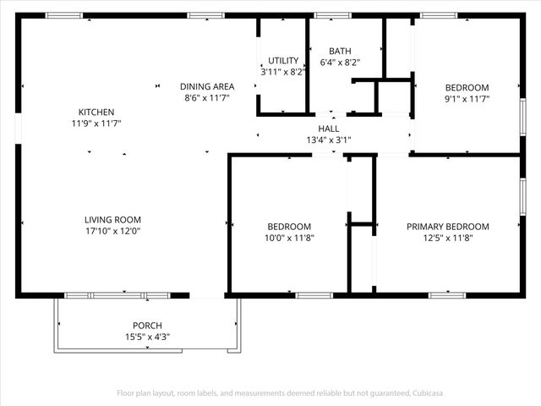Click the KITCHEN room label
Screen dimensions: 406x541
(96, 112)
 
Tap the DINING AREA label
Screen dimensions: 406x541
(206, 86)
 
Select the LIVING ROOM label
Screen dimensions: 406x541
(112, 220)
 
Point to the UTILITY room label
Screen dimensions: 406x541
(283, 61)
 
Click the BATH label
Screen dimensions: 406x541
(340, 51)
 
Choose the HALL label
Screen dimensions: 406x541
(329, 129)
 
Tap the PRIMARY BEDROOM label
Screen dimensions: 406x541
(447, 227)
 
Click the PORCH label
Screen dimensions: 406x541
(147, 326)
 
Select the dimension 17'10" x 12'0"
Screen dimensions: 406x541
(112, 231)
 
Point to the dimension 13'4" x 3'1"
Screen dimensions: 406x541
(329, 140)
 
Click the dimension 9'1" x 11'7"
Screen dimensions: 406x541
(467, 99)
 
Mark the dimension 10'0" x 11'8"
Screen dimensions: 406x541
(289, 239)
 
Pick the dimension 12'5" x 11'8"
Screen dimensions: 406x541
(447, 239)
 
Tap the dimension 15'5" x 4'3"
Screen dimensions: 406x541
(147, 337)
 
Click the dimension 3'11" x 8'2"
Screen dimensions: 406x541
(283, 73)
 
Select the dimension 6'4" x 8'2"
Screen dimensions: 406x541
(340, 63)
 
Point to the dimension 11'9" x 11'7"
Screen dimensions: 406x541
(96, 123)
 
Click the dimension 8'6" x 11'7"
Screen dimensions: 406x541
(206, 98)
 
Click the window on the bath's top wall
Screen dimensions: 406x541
(332, 15)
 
